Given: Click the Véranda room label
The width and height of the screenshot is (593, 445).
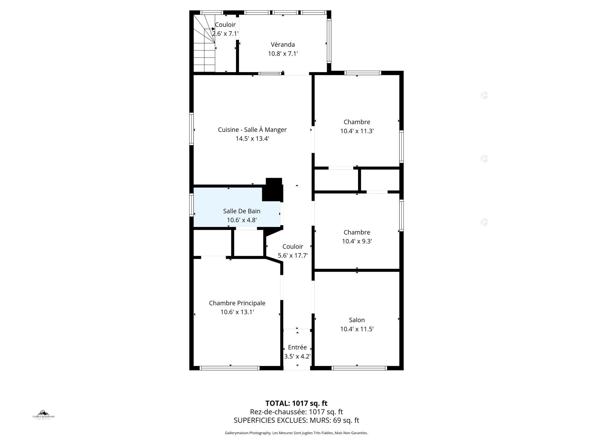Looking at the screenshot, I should [x=283, y=45].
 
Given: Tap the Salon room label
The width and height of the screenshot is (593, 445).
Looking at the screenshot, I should [x=357, y=320].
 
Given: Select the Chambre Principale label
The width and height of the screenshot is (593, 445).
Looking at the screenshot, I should [x=237, y=303].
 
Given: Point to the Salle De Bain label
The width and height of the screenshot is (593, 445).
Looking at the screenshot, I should [x=242, y=211].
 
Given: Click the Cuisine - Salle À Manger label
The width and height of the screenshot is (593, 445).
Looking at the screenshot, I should [x=252, y=130].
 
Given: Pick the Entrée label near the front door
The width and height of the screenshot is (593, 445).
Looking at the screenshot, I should [x=297, y=348].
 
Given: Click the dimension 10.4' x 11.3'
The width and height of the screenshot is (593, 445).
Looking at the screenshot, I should [x=357, y=131].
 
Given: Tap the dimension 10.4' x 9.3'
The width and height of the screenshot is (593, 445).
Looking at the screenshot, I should [x=357, y=241].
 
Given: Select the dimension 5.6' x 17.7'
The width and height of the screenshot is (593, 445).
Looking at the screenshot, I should [x=293, y=256].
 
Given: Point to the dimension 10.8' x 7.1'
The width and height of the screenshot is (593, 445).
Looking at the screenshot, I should [x=283, y=54].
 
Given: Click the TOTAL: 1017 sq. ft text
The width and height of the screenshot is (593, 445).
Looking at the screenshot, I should [x=296, y=403].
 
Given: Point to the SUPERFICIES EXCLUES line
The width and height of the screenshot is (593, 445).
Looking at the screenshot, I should [x=296, y=420].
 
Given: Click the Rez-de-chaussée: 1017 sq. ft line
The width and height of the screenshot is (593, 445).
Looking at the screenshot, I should [x=296, y=412].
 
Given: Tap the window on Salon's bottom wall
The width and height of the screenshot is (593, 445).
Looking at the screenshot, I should [x=359, y=368].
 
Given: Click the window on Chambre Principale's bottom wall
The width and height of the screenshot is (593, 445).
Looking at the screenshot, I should [x=229, y=368].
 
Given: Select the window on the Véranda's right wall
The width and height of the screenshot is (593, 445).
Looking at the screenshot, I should [x=329, y=40].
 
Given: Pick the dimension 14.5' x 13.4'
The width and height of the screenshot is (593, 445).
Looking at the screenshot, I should [x=252, y=139].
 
